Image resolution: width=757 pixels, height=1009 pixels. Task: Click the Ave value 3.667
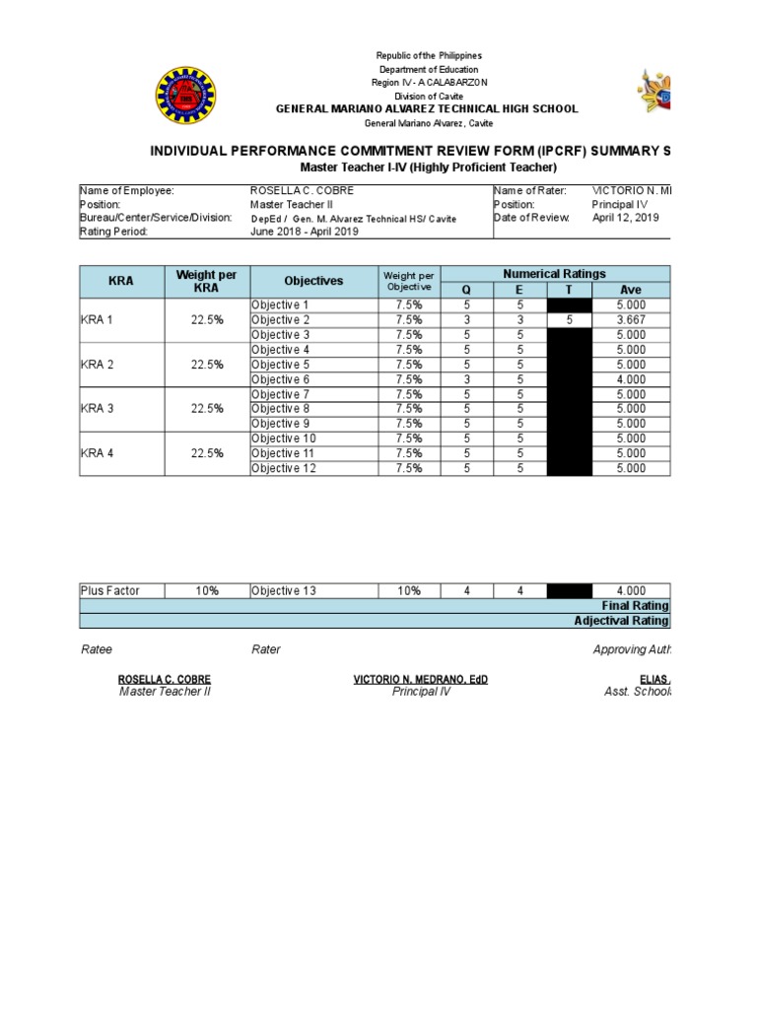631,320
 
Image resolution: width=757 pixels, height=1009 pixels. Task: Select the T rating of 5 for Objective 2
569,320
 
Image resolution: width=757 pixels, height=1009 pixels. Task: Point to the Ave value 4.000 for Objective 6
631,379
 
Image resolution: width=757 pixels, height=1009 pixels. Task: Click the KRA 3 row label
98,409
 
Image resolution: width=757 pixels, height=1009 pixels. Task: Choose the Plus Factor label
110,591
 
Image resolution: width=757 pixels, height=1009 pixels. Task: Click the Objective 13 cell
283,591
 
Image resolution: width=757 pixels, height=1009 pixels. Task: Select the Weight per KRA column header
206,281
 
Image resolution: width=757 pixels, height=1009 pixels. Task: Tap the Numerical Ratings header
554,274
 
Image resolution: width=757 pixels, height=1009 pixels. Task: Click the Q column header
466,290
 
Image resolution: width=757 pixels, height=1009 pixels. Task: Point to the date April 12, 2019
626,218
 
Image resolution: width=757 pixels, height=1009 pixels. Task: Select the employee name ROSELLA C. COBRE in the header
302,190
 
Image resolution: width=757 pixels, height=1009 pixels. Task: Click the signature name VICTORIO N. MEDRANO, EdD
420,680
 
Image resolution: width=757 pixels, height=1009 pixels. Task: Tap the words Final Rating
635,606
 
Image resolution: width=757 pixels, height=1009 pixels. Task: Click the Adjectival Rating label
622,621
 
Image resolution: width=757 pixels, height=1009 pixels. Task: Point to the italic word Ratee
96,649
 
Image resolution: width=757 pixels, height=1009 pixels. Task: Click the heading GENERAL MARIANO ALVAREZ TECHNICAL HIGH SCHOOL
426,109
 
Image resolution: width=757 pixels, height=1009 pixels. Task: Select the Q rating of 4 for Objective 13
466,591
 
